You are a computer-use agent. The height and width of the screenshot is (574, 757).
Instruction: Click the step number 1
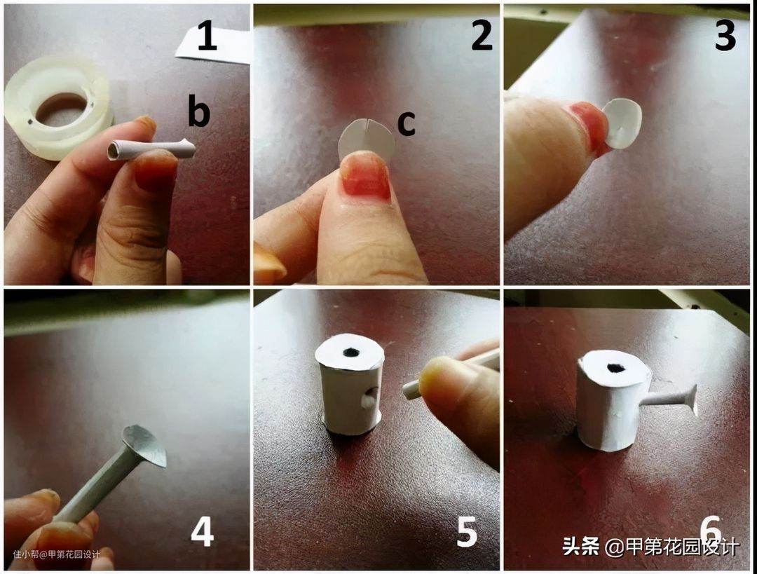click(207, 36)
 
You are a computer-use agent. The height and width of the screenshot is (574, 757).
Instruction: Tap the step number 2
click(482, 36)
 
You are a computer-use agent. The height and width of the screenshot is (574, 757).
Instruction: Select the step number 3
click(725, 36)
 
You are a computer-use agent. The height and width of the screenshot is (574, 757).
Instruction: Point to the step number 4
click(203, 532)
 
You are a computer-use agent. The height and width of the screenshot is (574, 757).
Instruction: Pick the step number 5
click(467, 532)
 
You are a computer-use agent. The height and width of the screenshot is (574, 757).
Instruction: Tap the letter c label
click(406, 123)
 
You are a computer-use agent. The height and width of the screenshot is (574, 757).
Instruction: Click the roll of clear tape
click(59, 107)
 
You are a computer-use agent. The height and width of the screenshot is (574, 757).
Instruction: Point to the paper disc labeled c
click(367, 139)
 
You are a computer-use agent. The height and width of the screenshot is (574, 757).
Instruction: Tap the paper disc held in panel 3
click(623, 123)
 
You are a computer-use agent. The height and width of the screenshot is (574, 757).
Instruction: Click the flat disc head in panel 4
click(145, 445)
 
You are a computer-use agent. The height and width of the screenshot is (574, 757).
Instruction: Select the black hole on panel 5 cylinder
click(351, 353)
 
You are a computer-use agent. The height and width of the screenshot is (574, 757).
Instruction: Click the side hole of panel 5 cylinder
click(369, 399)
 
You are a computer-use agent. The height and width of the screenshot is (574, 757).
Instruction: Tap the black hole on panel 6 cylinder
click(616, 369)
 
